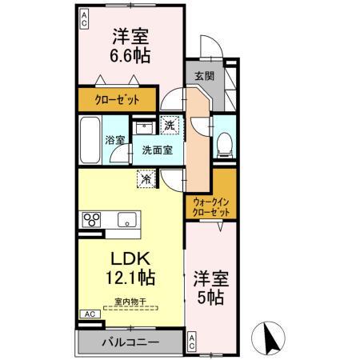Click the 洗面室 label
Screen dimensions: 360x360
(154, 150)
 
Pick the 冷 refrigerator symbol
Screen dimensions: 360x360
(146, 179)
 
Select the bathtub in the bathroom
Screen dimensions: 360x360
(90, 140)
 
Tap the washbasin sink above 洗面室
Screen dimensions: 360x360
(144, 127)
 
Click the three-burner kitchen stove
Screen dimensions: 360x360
(90, 219)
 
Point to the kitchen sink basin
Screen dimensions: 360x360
(126, 220)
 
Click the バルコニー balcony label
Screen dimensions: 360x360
(130, 342)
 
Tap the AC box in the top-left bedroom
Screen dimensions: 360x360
(83, 18)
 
